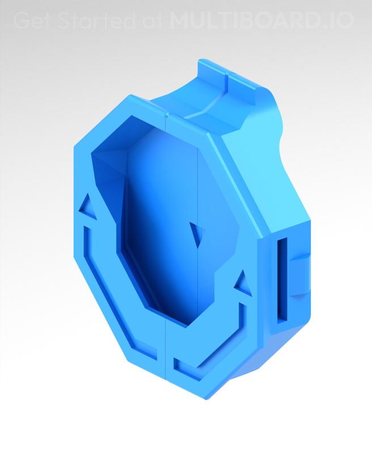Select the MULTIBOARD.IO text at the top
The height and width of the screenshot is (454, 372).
coord(261,20)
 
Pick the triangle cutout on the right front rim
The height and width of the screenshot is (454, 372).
coord(240,282)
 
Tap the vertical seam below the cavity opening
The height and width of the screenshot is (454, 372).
coord(166,352)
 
